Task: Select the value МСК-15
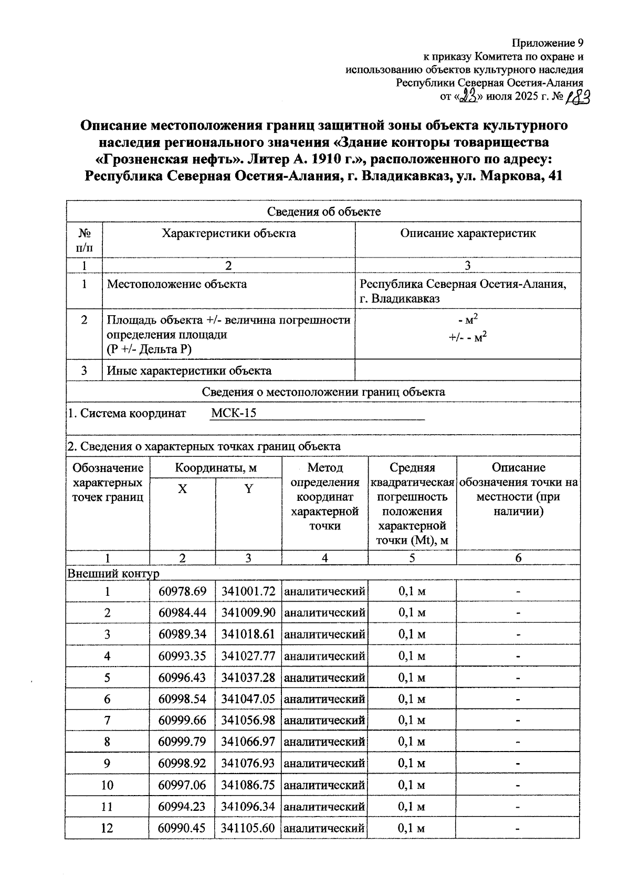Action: coord(234,413)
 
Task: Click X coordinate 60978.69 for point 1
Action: coord(182,592)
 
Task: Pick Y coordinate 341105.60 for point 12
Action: coord(248,828)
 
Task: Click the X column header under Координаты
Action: coord(182,489)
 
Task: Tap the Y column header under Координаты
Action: coord(248,489)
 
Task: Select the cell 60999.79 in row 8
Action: coord(182,742)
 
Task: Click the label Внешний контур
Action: coord(113,574)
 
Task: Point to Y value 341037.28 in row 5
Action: coord(248,678)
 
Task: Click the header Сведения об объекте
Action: coord(323,211)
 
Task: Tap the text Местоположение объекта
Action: coord(177,284)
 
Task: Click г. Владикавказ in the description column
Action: coord(400,299)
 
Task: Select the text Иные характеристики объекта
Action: coord(189,371)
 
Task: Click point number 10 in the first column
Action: coord(107,785)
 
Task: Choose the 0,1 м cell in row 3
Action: coord(412,635)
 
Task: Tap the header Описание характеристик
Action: coord(468,233)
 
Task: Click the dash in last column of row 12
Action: coord(518,829)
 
